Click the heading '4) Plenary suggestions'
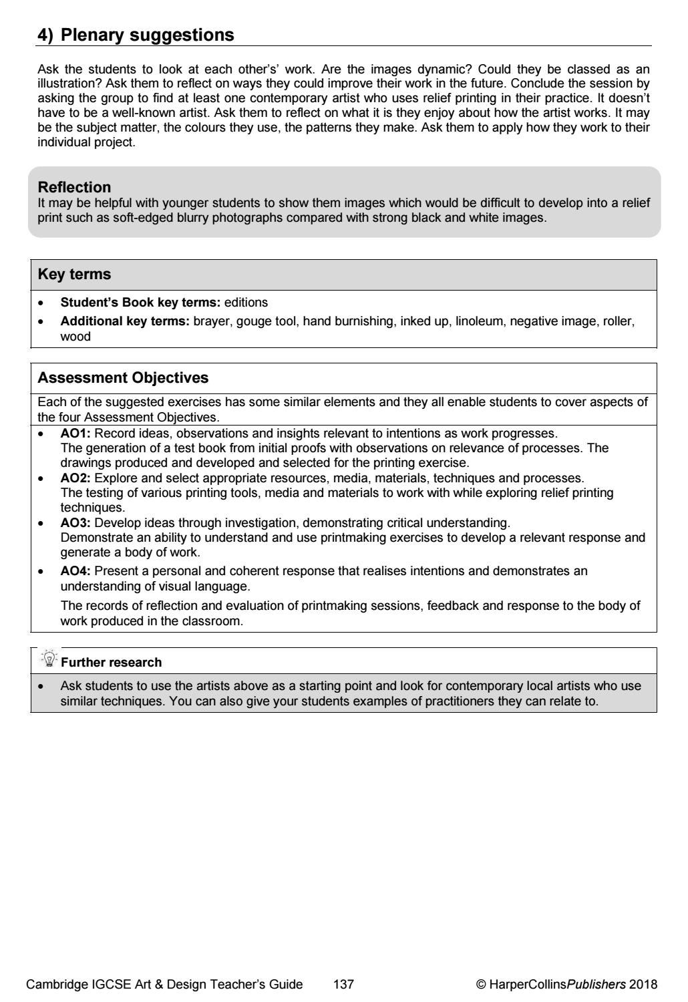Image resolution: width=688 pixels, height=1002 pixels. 136,35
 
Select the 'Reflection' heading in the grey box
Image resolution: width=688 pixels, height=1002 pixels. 74,187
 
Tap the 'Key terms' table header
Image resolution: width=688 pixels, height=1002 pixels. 74,275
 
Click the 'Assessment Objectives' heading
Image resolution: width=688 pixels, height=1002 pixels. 123,378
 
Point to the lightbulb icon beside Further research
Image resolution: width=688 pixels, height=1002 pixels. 49,660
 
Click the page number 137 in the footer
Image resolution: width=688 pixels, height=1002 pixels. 343,984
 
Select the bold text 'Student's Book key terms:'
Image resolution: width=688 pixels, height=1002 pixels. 140,303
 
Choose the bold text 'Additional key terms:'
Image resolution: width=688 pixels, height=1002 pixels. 126,321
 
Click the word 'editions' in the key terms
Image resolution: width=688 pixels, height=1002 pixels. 246,303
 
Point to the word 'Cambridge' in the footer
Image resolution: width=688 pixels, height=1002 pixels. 56,984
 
